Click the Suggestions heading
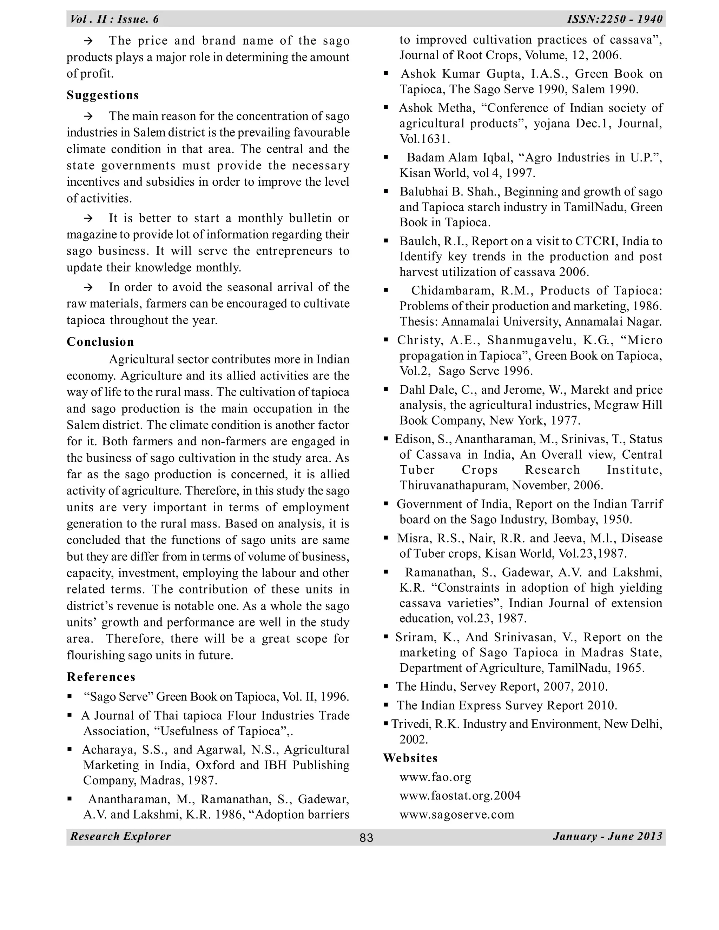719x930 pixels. pos(103,95)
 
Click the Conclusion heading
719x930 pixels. pos(100,342)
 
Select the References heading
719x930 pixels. pos(101,677)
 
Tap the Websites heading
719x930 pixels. pos(410,758)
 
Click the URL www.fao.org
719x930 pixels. pos(435,777)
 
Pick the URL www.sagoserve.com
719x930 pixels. pos(457,815)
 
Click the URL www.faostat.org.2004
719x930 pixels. pos(460,796)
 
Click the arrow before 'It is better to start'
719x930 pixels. pos(88,218)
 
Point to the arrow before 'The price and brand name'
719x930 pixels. pos(88,41)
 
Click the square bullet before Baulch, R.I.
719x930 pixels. pos(386,241)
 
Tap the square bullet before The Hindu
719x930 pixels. pos(386,686)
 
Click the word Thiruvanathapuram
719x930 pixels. pos(454,485)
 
